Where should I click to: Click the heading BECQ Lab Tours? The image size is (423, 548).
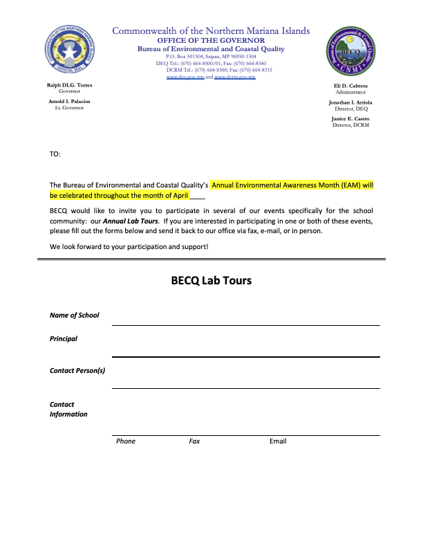coord(211,281)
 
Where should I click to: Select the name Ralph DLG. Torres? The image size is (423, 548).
coord(69,85)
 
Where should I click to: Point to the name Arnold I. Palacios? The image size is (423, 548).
coord(69,101)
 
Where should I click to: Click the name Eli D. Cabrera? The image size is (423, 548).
coord(350,86)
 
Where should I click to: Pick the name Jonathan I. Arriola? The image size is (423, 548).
coord(350,102)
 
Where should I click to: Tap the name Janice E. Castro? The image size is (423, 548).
coord(350,118)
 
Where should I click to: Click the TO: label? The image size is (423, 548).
coord(55,154)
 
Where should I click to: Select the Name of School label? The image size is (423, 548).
coord(74,316)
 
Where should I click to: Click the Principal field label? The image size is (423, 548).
coord(64,339)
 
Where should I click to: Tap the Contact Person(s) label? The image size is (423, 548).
coord(77,371)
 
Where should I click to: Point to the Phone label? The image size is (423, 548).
coord(126,441)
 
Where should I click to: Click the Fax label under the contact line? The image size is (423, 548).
coord(194,441)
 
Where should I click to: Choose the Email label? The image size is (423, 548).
coord(278,441)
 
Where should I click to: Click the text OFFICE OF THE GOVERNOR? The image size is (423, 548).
coord(211,40)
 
